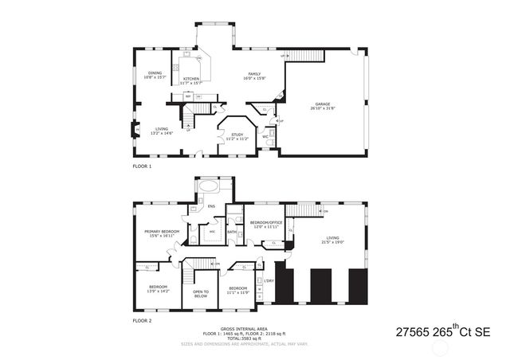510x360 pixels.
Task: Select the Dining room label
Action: click(155, 76)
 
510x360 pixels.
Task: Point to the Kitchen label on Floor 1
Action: click(191, 80)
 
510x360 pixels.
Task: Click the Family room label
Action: click(254, 76)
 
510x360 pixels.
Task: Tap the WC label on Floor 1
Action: click(265, 136)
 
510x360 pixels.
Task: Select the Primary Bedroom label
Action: click(161, 233)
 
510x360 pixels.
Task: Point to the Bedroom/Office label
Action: click(266, 224)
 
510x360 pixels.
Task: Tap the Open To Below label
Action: click(201, 293)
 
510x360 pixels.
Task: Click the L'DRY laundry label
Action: click(269, 281)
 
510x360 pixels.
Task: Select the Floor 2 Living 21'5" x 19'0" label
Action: click(331, 239)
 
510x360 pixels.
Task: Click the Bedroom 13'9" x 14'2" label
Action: click(158, 289)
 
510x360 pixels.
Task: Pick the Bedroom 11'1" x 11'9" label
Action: click(238, 290)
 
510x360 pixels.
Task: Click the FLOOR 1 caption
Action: click(142, 167)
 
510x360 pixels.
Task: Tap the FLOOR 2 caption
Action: click(142, 320)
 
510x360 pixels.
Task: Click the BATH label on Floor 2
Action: click(232, 232)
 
